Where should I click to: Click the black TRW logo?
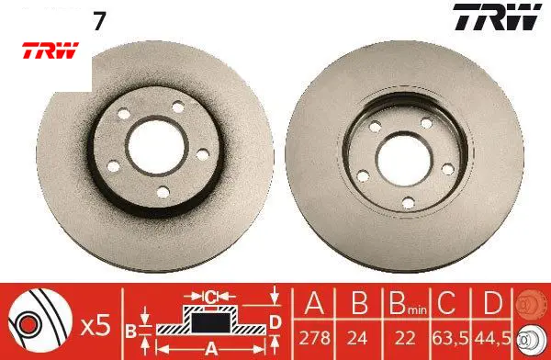(x=497, y=17)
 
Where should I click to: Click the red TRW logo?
(x=51, y=51)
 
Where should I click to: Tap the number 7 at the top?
(x=99, y=21)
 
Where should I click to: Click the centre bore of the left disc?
(x=157, y=146)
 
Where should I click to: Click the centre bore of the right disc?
(x=404, y=160)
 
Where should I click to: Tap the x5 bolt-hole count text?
(x=96, y=326)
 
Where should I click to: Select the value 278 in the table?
(x=314, y=338)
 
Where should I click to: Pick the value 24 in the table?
(x=357, y=338)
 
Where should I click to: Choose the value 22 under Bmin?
(x=405, y=338)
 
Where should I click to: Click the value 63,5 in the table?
(x=451, y=338)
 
